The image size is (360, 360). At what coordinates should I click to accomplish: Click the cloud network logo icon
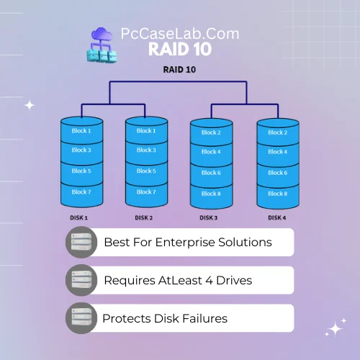coord(102,45)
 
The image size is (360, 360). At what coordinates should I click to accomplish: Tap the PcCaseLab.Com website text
coord(180,34)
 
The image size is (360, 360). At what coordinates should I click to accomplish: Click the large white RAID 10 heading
coord(180,49)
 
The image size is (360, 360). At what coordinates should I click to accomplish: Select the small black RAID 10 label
coord(179,70)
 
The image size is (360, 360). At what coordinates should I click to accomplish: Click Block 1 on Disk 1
coord(81,131)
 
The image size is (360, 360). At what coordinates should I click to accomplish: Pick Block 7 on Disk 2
coord(146,192)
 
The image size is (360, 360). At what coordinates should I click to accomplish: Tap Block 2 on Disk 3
coord(211,132)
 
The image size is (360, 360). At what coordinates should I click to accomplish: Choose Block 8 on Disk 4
coord(278,194)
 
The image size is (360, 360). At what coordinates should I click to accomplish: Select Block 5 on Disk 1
coord(81,171)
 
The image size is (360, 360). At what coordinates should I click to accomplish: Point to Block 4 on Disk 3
coord(211,152)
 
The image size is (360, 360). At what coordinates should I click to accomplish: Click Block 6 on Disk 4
coord(278,173)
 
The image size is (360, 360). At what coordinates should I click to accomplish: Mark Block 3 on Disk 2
coord(146,150)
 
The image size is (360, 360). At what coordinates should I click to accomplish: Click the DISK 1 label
coord(78,217)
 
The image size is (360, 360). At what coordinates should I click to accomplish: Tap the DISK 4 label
coord(277,217)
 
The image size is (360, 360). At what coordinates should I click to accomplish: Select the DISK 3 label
coord(209,217)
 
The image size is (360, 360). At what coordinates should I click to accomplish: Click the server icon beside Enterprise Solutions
coord(81,242)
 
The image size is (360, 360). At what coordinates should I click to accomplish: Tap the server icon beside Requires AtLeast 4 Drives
coord(81,280)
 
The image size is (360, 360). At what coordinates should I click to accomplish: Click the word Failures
coord(204,318)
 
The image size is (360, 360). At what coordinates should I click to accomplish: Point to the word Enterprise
coord(185,243)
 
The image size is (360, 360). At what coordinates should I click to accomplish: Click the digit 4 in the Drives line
coord(210,280)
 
